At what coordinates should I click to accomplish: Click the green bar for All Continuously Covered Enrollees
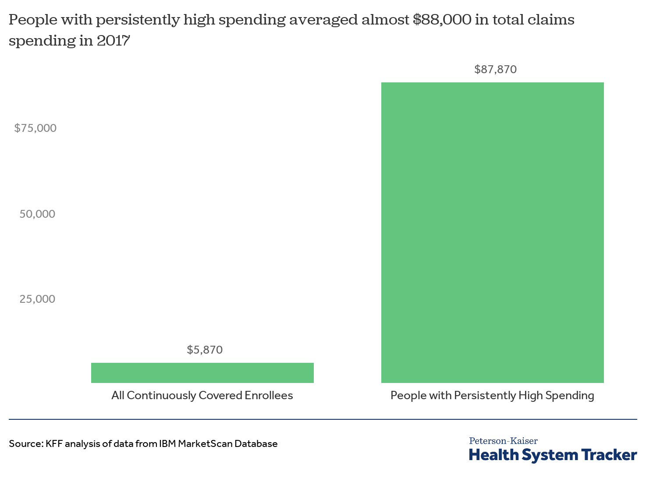(202, 372)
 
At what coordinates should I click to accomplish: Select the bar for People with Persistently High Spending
(492, 232)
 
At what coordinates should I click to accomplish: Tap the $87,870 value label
(495, 69)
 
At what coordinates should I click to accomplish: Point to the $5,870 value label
(205, 350)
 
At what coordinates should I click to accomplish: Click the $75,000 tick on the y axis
(35, 128)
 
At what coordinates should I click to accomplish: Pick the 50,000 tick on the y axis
(37, 214)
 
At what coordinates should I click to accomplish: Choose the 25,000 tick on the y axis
(37, 299)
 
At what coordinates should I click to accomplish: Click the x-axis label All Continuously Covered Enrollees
(202, 395)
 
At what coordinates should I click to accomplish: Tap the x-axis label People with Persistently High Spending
(492, 395)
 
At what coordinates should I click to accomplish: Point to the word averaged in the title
(323, 20)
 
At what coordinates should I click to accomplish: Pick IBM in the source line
(167, 443)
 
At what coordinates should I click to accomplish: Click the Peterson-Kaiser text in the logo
(503, 441)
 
